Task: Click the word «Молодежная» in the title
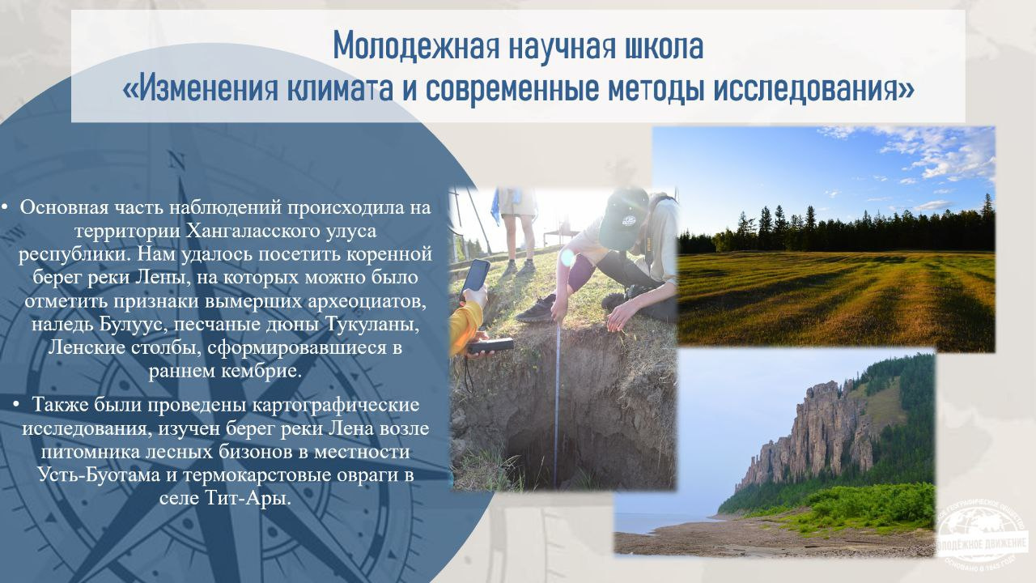pyautogui.click(x=416, y=47)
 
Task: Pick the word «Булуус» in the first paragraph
pyautogui.click(x=134, y=325)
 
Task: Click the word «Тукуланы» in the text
pyautogui.click(x=372, y=325)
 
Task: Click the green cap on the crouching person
pyautogui.click(x=623, y=218)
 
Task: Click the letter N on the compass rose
pyautogui.click(x=176, y=161)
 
